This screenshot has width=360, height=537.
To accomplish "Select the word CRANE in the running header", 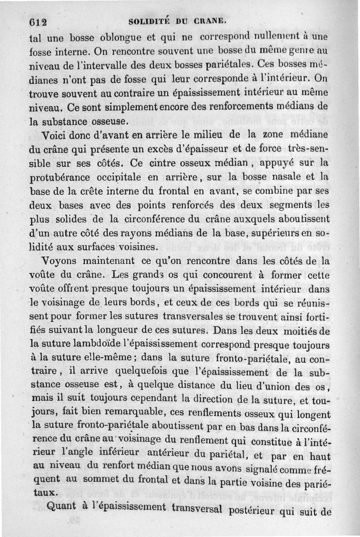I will [x=209, y=21].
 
